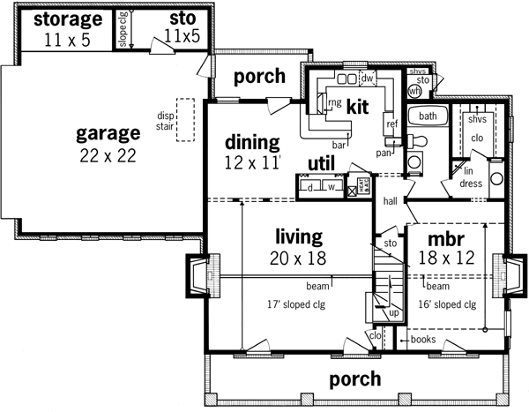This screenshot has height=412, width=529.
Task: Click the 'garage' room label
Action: [108, 134]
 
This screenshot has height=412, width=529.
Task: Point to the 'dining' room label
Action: [252, 142]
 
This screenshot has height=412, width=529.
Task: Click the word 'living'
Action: [298, 236]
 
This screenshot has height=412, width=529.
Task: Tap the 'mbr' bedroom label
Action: [446, 240]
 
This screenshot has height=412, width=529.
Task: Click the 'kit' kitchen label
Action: [357, 107]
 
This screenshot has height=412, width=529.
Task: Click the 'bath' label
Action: [428, 116]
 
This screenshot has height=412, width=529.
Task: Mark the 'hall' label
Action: [391, 201]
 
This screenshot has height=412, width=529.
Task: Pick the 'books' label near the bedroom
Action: [423, 339]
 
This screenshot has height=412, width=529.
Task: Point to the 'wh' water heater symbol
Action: [414, 91]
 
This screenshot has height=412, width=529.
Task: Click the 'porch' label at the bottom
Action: [354, 379]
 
